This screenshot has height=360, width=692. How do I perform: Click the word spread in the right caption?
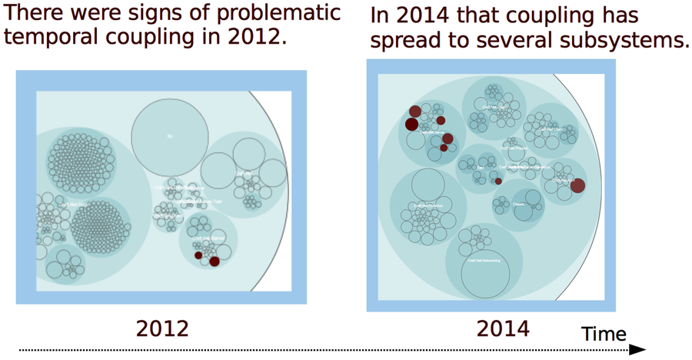point(406,41)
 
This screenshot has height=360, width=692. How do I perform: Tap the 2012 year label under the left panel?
point(162,328)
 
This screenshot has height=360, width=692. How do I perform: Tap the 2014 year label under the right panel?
point(503,328)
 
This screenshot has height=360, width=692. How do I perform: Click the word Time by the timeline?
point(604,334)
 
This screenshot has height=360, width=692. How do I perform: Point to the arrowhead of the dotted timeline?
point(638,350)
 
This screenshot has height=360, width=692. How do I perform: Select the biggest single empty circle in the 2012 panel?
point(169,137)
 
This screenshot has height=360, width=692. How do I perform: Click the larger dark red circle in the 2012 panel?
point(215,262)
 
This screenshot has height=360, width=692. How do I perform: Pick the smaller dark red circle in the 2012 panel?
point(198,255)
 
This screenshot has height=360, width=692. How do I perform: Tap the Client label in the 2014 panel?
point(518,205)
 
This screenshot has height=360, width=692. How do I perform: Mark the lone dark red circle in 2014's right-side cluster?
point(577,185)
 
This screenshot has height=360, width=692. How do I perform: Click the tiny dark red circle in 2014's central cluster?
point(498,181)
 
